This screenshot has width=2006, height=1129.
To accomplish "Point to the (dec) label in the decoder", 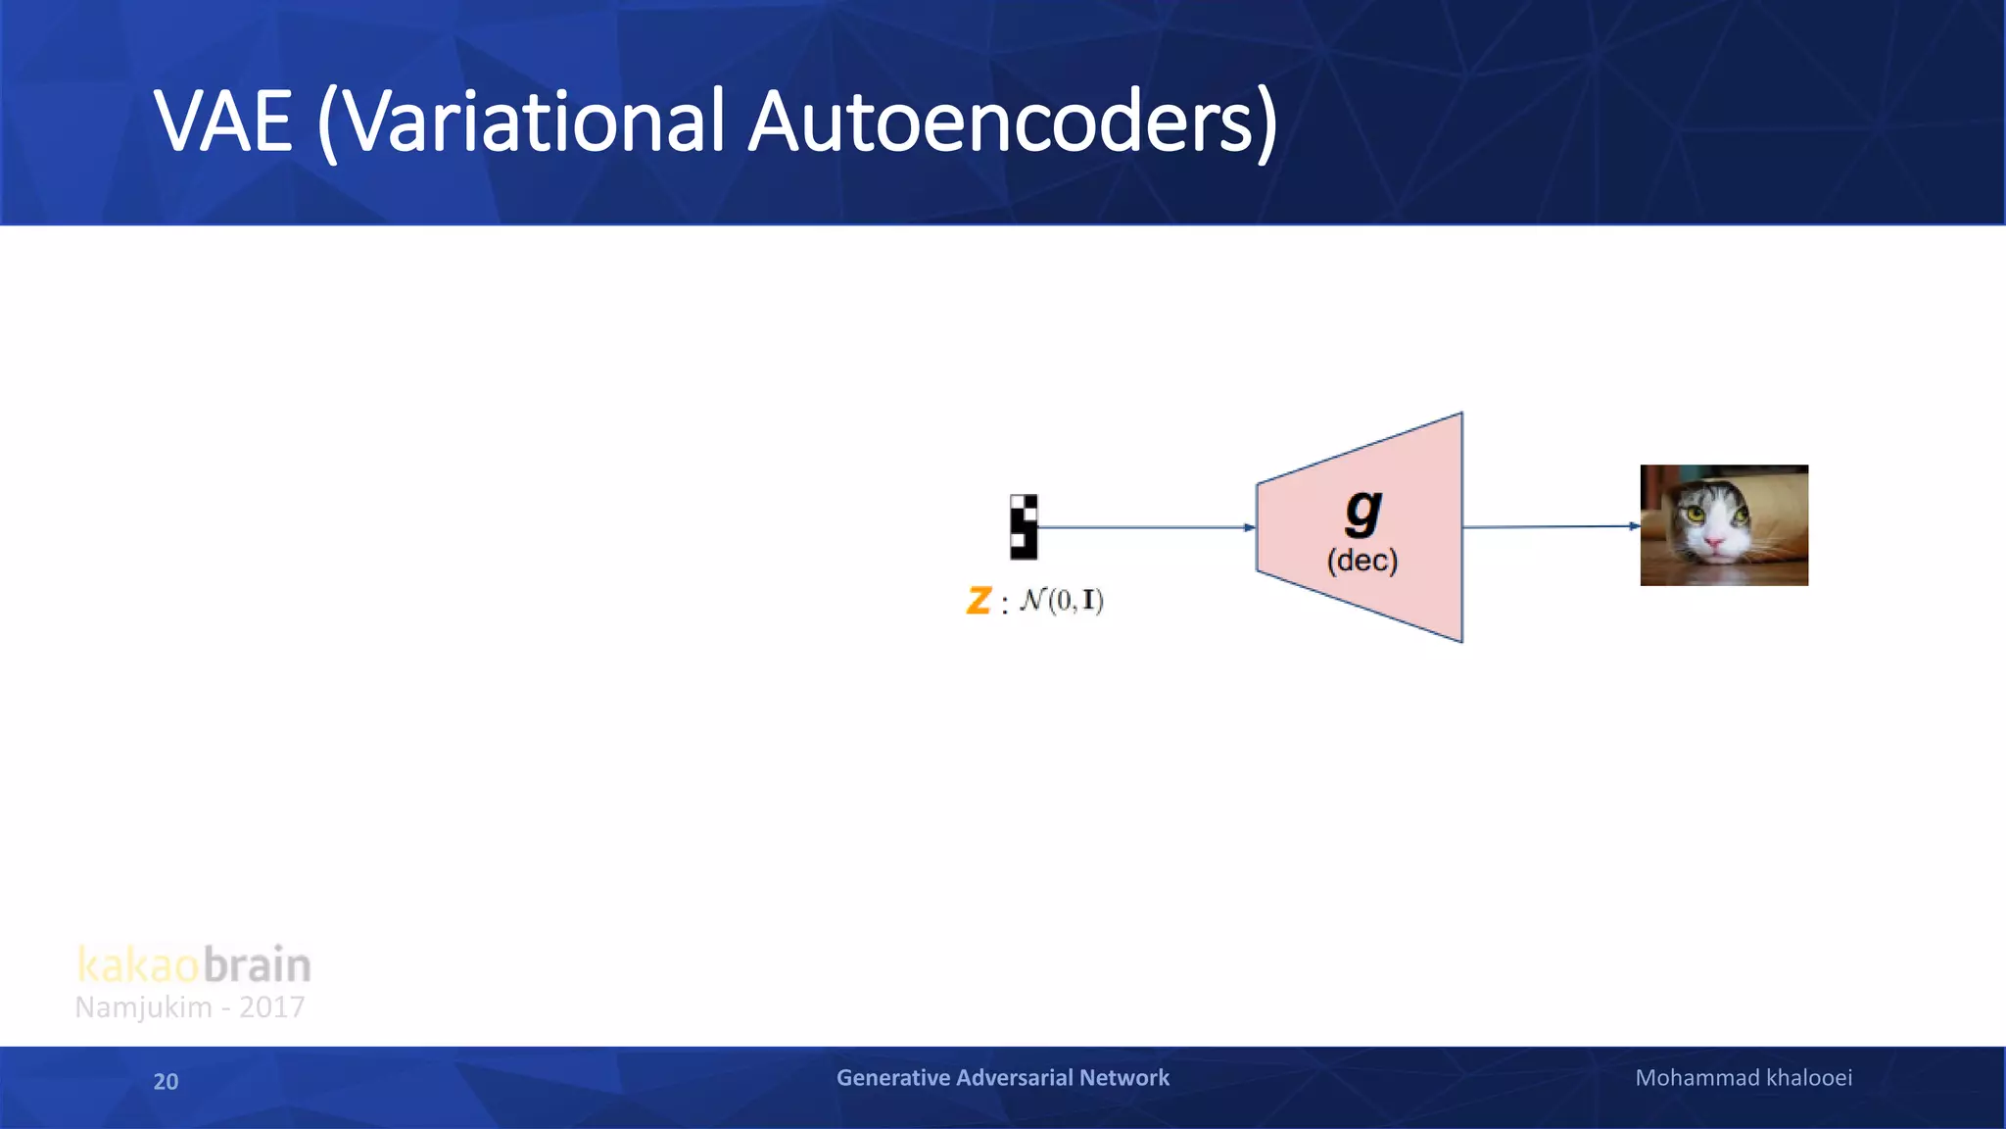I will [x=1361, y=561].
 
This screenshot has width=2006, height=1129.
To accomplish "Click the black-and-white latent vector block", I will [x=1023, y=526].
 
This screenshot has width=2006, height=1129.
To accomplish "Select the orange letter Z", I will [x=979, y=600].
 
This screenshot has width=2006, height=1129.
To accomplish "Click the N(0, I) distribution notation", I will [x=1062, y=600].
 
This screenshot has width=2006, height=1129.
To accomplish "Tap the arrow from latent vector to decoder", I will [x=1146, y=527].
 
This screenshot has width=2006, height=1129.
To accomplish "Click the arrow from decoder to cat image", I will [x=1551, y=526].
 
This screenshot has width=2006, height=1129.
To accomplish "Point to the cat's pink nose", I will [x=1715, y=542].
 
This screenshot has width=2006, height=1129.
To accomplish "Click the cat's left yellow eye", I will [x=1694, y=514].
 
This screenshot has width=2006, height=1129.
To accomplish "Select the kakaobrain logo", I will [x=194, y=964].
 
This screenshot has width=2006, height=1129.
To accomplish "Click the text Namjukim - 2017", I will [x=190, y=1007].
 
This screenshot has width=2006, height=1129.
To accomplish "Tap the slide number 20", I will [x=166, y=1081].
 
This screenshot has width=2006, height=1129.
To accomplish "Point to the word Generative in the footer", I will [x=892, y=1078].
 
